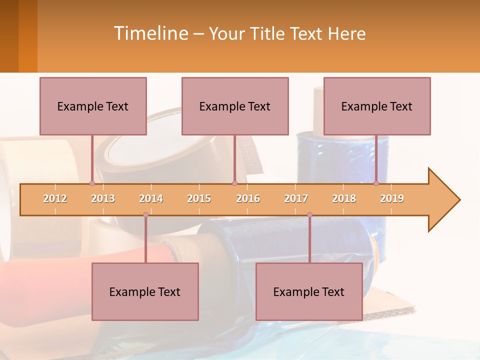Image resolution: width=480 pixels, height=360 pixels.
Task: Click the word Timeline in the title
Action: (150, 33)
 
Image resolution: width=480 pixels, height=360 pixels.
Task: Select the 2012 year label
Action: (55, 198)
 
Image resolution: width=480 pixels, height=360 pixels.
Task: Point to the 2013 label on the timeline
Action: (103, 198)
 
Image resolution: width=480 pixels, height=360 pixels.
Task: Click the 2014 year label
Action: (151, 198)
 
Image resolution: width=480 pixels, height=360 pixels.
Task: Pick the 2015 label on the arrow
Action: (199, 198)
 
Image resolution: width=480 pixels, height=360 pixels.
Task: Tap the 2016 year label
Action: (248, 198)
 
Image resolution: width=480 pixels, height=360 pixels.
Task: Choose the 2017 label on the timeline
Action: (296, 198)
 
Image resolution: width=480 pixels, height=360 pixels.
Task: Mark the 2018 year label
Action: (344, 198)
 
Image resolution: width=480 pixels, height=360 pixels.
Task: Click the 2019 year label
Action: (392, 198)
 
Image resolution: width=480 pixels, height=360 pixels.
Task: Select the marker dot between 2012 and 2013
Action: (92, 183)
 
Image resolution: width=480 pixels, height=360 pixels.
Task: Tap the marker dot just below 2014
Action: (145, 214)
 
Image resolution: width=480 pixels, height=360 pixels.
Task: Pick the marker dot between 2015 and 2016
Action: (234, 183)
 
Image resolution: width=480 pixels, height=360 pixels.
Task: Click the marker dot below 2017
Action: (309, 214)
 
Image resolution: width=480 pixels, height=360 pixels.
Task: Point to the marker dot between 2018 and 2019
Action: (376, 183)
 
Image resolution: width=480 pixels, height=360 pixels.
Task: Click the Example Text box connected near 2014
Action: (145, 291)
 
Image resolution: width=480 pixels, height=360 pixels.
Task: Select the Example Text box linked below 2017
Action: (309, 291)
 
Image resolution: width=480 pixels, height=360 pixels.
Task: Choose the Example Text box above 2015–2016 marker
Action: (235, 106)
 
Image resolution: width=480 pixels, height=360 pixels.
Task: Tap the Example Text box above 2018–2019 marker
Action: (377, 106)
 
